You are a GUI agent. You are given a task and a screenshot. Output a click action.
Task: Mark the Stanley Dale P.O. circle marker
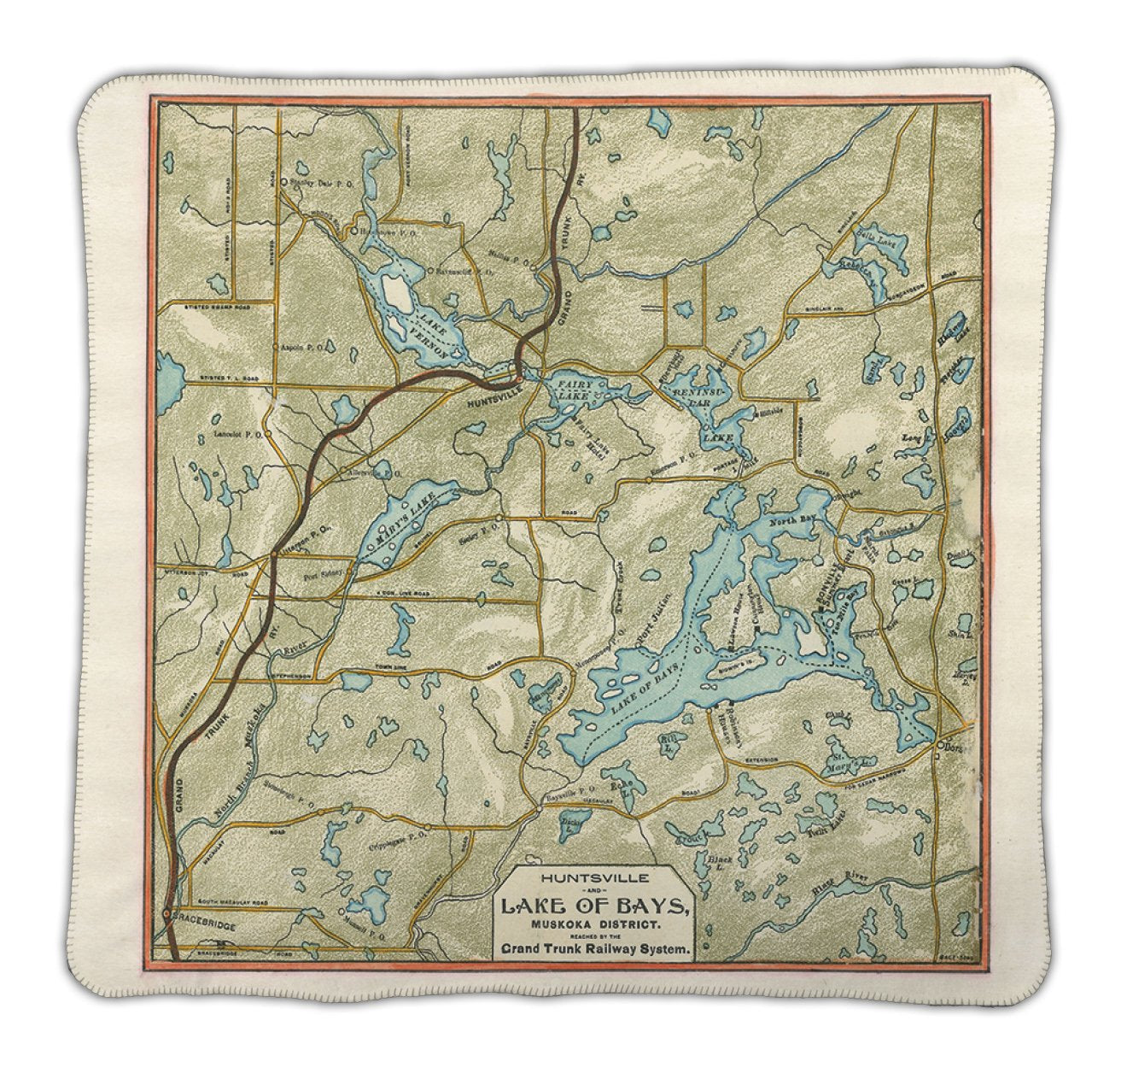coord(284,181)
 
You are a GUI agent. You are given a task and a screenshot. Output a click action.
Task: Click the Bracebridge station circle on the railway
coord(167,915)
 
